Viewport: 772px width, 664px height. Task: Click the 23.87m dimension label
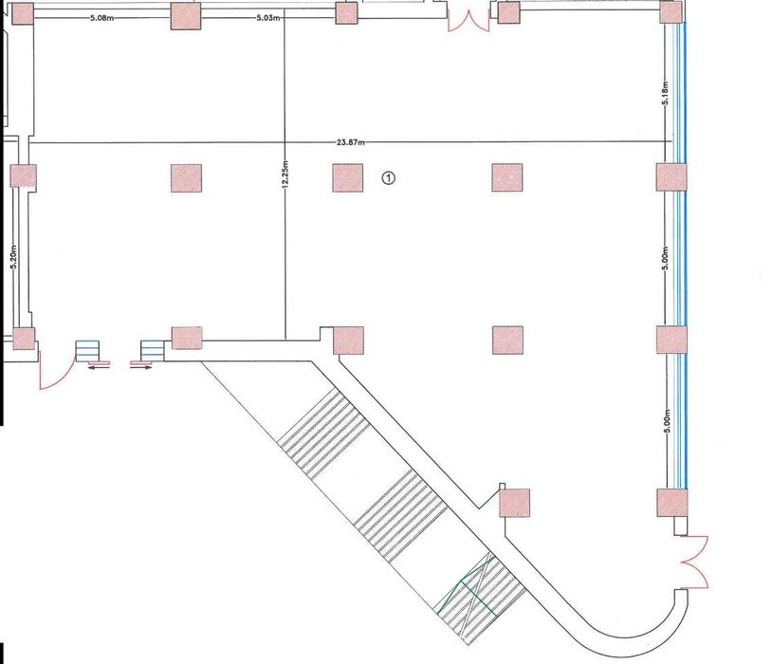(x=351, y=143)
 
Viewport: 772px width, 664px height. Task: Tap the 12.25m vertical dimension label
(x=285, y=175)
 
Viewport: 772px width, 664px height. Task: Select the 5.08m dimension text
(x=102, y=18)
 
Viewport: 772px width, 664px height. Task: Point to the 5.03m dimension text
(x=268, y=18)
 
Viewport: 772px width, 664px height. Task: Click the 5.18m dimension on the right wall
(x=665, y=94)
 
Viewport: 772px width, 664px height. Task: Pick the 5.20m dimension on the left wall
(x=14, y=257)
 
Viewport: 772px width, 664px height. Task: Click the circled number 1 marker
(x=389, y=177)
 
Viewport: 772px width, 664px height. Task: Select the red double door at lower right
(x=695, y=562)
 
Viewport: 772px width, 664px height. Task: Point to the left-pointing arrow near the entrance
(x=99, y=366)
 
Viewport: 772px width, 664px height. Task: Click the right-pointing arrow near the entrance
(x=141, y=366)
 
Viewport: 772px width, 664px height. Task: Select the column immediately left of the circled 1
(x=348, y=177)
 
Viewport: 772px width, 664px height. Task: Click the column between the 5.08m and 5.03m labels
(x=186, y=15)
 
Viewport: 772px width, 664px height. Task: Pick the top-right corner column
(x=671, y=11)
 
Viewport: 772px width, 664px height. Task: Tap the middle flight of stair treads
(x=400, y=516)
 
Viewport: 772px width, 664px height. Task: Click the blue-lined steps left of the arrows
(x=87, y=351)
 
